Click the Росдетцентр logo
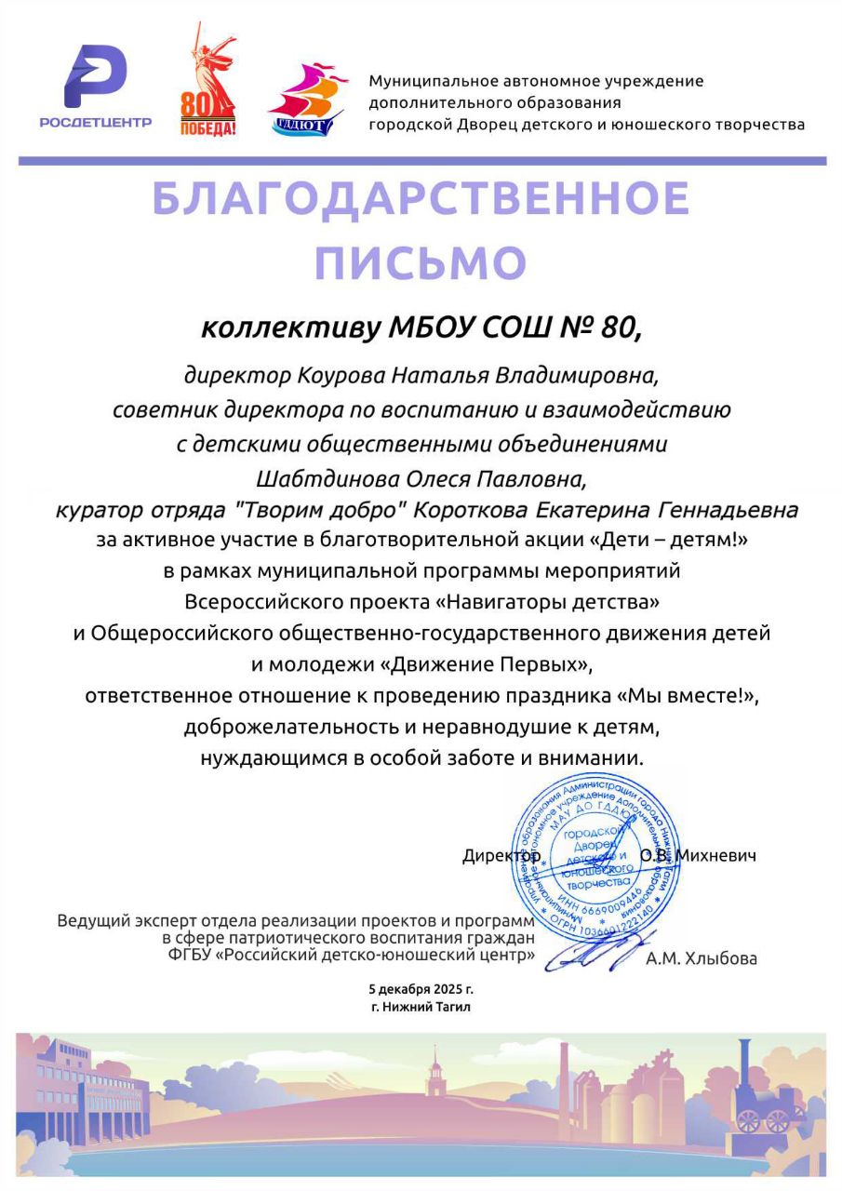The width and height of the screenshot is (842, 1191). click(x=96, y=87)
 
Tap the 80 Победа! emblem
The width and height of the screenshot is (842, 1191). click(x=207, y=84)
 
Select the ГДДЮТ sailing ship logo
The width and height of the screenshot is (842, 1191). click(x=308, y=99)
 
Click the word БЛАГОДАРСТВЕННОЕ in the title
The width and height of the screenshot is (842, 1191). click(x=421, y=198)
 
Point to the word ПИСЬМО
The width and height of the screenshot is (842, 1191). click(x=421, y=263)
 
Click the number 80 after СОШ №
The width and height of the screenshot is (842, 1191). click(x=621, y=328)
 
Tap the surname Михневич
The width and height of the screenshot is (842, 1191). click(x=716, y=855)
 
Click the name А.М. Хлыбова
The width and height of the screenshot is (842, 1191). click(x=701, y=958)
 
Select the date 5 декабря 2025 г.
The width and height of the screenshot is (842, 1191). click(x=421, y=989)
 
